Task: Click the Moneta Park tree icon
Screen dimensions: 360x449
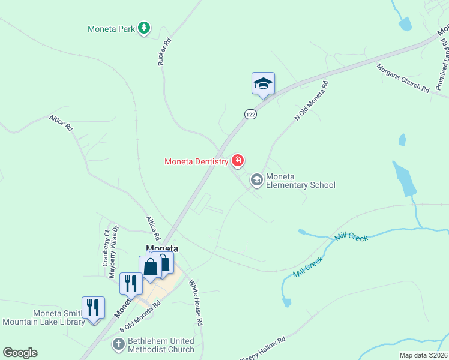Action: click(x=143, y=28)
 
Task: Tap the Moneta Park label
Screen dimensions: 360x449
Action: click(x=111, y=28)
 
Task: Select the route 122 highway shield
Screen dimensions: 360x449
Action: click(x=250, y=114)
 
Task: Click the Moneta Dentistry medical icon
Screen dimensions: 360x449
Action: click(x=238, y=160)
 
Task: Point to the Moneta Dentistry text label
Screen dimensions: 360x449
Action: click(x=196, y=161)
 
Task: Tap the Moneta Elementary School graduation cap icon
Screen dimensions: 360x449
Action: click(x=256, y=180)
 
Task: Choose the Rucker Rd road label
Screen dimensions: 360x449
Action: click(x=165, y=52)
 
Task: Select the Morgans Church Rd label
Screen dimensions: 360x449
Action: click(x=403, y=79)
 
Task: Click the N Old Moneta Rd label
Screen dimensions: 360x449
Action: click(x=312, y=101)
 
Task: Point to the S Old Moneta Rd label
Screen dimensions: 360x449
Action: click(x=140, y=316)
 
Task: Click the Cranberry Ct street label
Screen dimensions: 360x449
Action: click(x=106, y=248)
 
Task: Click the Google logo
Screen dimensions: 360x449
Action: click(x=20, y=353)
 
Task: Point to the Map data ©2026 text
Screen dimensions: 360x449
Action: click(x=423, y=355)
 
